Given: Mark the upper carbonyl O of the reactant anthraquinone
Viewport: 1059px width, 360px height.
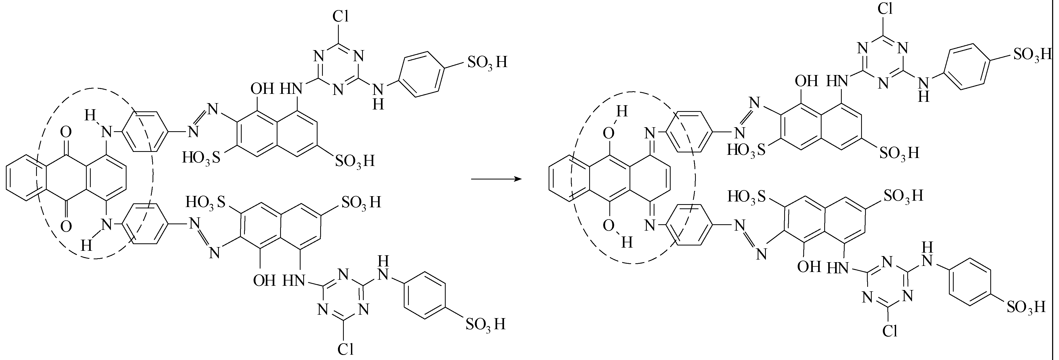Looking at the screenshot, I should coord(66,132).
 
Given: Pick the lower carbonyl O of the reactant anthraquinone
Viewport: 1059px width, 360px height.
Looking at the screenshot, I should coord(66,226).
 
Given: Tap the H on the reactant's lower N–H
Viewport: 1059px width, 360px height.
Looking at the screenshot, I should coord(86,246).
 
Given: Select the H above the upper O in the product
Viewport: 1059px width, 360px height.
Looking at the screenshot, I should coord(622,111).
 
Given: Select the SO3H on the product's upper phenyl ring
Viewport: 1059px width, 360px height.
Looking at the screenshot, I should coord(1032,55).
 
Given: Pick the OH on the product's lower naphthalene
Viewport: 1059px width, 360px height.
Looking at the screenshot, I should coord(809,267).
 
